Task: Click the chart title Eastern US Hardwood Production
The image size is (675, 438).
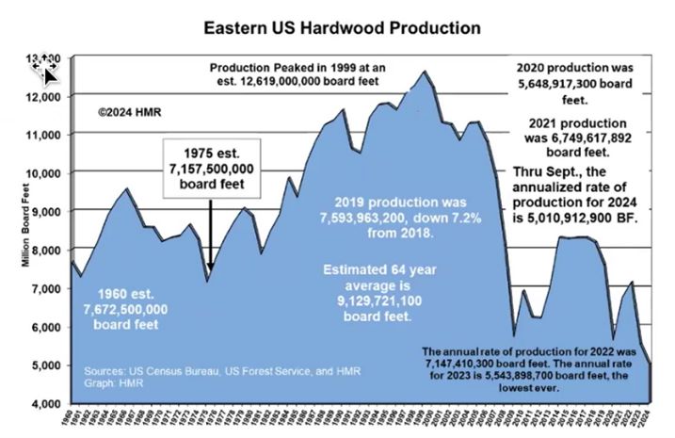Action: [343, 28]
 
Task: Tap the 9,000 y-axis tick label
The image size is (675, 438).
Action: [48, 212]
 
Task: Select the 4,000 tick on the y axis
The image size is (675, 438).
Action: [48, 403]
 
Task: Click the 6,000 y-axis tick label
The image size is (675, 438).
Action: [48, 327]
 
